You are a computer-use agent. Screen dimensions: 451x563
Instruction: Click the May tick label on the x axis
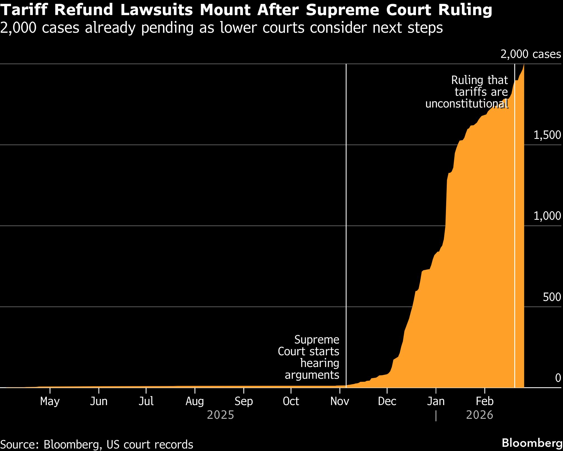click(x=50, y=401)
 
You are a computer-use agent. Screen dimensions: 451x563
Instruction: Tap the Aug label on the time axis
click(x=195, y=401)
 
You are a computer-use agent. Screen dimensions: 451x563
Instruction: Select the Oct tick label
click(x=291, y=401)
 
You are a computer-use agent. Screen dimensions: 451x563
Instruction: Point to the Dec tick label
click(x=387, y=401)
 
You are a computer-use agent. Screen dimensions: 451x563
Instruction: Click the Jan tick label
click(x=436, y=401)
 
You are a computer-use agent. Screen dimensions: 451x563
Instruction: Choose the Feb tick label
click(x=485, y=401)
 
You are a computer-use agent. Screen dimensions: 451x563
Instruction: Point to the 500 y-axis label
click(x=552, y=297)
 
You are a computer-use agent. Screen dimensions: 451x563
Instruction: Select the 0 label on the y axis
click(x=558, y=378)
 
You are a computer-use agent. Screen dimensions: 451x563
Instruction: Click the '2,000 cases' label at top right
click(x=531, y=54)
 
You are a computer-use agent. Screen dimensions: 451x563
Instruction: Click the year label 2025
click(x=220, y=415)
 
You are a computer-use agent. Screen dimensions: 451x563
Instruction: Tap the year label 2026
click(x=480, y=415)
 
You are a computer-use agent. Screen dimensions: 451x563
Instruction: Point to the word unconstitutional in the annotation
click(x=467, y=104)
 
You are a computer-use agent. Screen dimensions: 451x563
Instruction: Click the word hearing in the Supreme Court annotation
click(x=320, y=363)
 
